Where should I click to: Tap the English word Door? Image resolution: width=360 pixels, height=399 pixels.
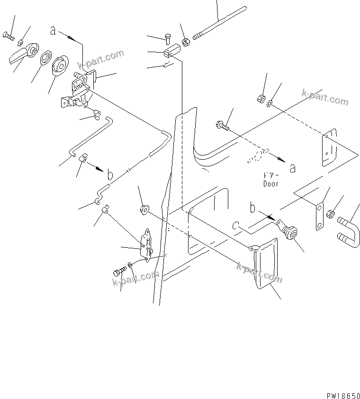pos(271,183)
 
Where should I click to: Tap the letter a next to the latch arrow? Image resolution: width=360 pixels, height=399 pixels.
pos(54,31)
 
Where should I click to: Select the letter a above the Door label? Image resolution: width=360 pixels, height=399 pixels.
pos(292,167)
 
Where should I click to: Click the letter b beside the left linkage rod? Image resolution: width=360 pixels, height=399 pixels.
pos(109,175)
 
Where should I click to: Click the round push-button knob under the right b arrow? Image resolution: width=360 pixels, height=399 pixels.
pos(290,232)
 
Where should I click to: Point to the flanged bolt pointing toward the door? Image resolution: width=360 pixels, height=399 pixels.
pos(223,126)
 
